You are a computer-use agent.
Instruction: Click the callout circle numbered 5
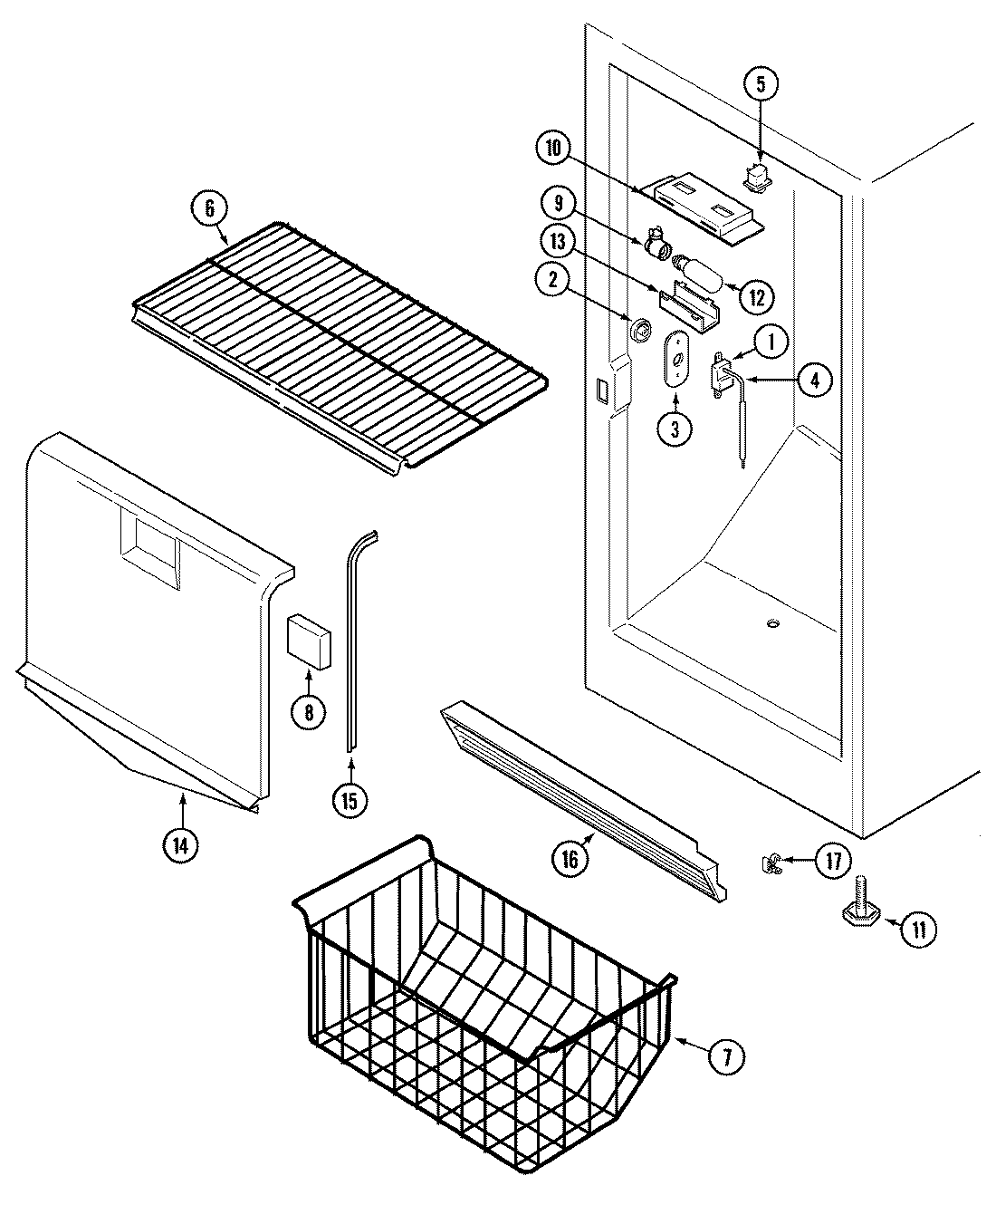pos(761,84)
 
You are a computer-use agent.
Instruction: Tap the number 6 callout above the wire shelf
pos(209,207)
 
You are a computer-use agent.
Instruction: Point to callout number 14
pos(180,844)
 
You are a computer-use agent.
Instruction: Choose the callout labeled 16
pos(569,859)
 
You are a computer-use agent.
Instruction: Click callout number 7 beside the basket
pos(729,1055)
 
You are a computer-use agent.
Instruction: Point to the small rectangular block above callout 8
pos(308,641)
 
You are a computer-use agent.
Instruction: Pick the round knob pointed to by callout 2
pos(641,330)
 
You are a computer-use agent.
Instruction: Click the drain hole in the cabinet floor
pos(772,623)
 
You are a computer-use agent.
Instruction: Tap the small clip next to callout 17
pos(772,863)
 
